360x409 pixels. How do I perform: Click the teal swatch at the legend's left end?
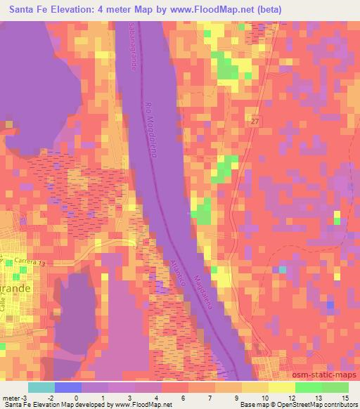[x=41, y=387]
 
